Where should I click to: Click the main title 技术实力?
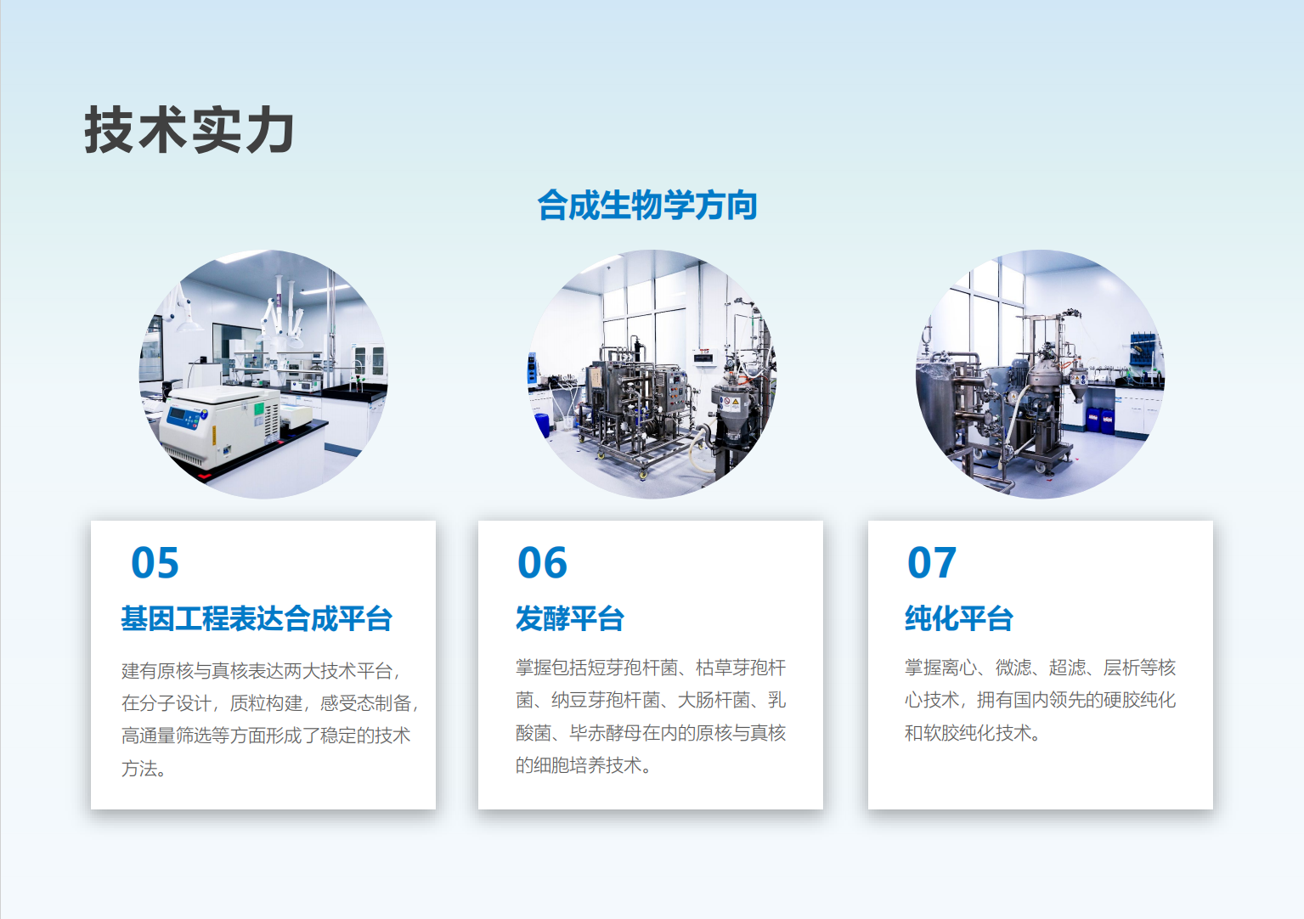pyautogui.click(x=189, y=130)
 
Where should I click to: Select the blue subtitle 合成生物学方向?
pyautogui.click(x=646, y=206)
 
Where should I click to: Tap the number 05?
pyautogui.click(x=155, y=563)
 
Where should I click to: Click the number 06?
pyautogui.click(x=542, y=563)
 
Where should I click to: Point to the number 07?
pyautogui.click(x=931, y=563)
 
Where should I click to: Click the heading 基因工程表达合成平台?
pyautogui.click(x=257, y=618)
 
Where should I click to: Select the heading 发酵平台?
pyautogui.click(x=570, y=618)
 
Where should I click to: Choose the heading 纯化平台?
pyautogui.click(x=959, y=618)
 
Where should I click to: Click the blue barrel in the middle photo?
pyautogui.click(x=542, y=425)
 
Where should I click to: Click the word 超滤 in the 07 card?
pyautogui.click(x=1068, y=667)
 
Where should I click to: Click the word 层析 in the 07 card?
pyautogui.click(x=1121, y=667)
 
